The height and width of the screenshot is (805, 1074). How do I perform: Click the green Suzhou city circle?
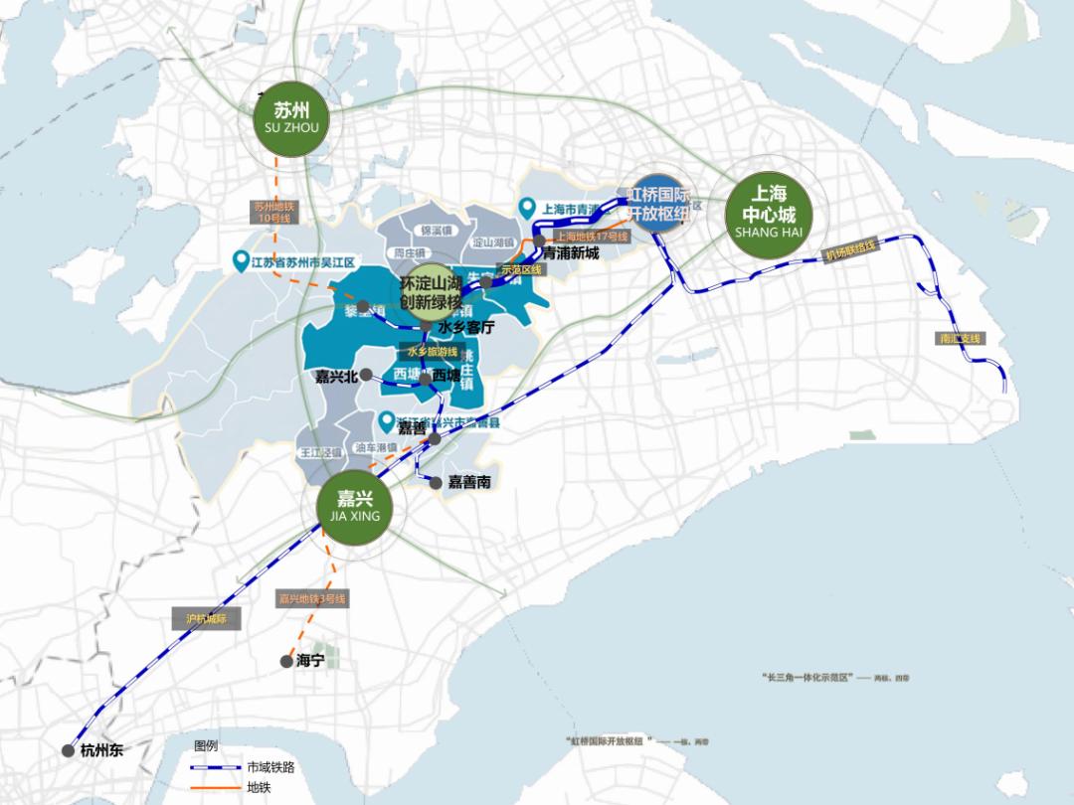pyautogui.click(x=292, y=119)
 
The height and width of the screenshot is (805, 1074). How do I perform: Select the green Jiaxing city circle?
pyautogui.click(x=348, y=508)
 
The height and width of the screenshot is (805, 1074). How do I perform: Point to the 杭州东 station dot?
pyautogui.click(x=68, y=750)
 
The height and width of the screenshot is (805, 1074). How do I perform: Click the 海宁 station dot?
pyautogui.click(x=286, y=660)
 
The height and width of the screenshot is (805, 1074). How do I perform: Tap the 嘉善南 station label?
pyautogui.click(x=469, y=482)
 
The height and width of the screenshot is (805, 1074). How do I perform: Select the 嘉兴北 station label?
pyautogui.click(x=335, y=375)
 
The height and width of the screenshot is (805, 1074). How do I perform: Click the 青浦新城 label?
pyautogui.click(x=572, y=253)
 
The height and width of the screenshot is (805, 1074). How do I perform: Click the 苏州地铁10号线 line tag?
pyautogui.click(x=270, y=211)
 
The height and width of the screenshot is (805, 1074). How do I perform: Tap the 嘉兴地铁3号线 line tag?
pyautogui.click(x=311, y=599)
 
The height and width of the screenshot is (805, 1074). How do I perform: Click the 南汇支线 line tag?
pyautogui.click(x=959, y=339)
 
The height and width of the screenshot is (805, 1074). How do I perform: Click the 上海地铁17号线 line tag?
pyautogui.click(x=592, y=237)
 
